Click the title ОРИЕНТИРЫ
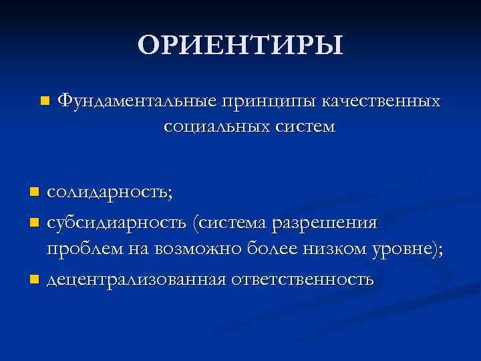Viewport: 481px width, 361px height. tap(240, 45)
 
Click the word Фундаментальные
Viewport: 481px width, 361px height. tap(136, 101)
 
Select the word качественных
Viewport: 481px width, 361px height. tap(381, 101)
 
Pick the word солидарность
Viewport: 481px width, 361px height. tap(109, 193)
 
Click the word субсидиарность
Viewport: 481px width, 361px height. tap(117, 222)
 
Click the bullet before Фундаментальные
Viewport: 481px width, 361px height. tap(44, 102)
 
